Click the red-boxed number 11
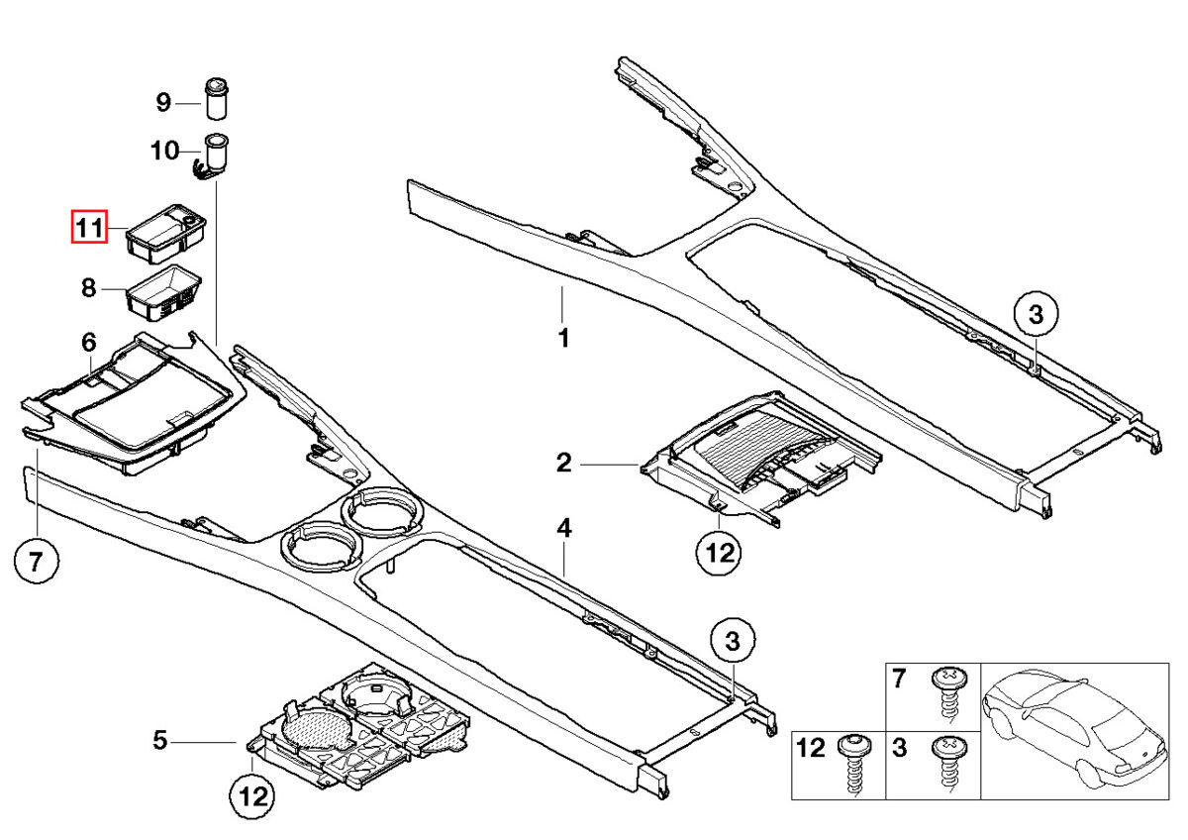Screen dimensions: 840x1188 (87, 229)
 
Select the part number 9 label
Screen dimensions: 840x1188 (163, 101)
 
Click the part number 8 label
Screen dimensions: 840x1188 (88, 288)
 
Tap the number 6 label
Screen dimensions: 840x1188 (88, 343)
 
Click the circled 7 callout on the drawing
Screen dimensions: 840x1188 (36, 564)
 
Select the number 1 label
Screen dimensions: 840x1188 (562, 338)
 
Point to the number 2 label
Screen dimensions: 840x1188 (563, 463)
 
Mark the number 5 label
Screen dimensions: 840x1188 (159, 739)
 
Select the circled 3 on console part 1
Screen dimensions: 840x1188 (1036, 316)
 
